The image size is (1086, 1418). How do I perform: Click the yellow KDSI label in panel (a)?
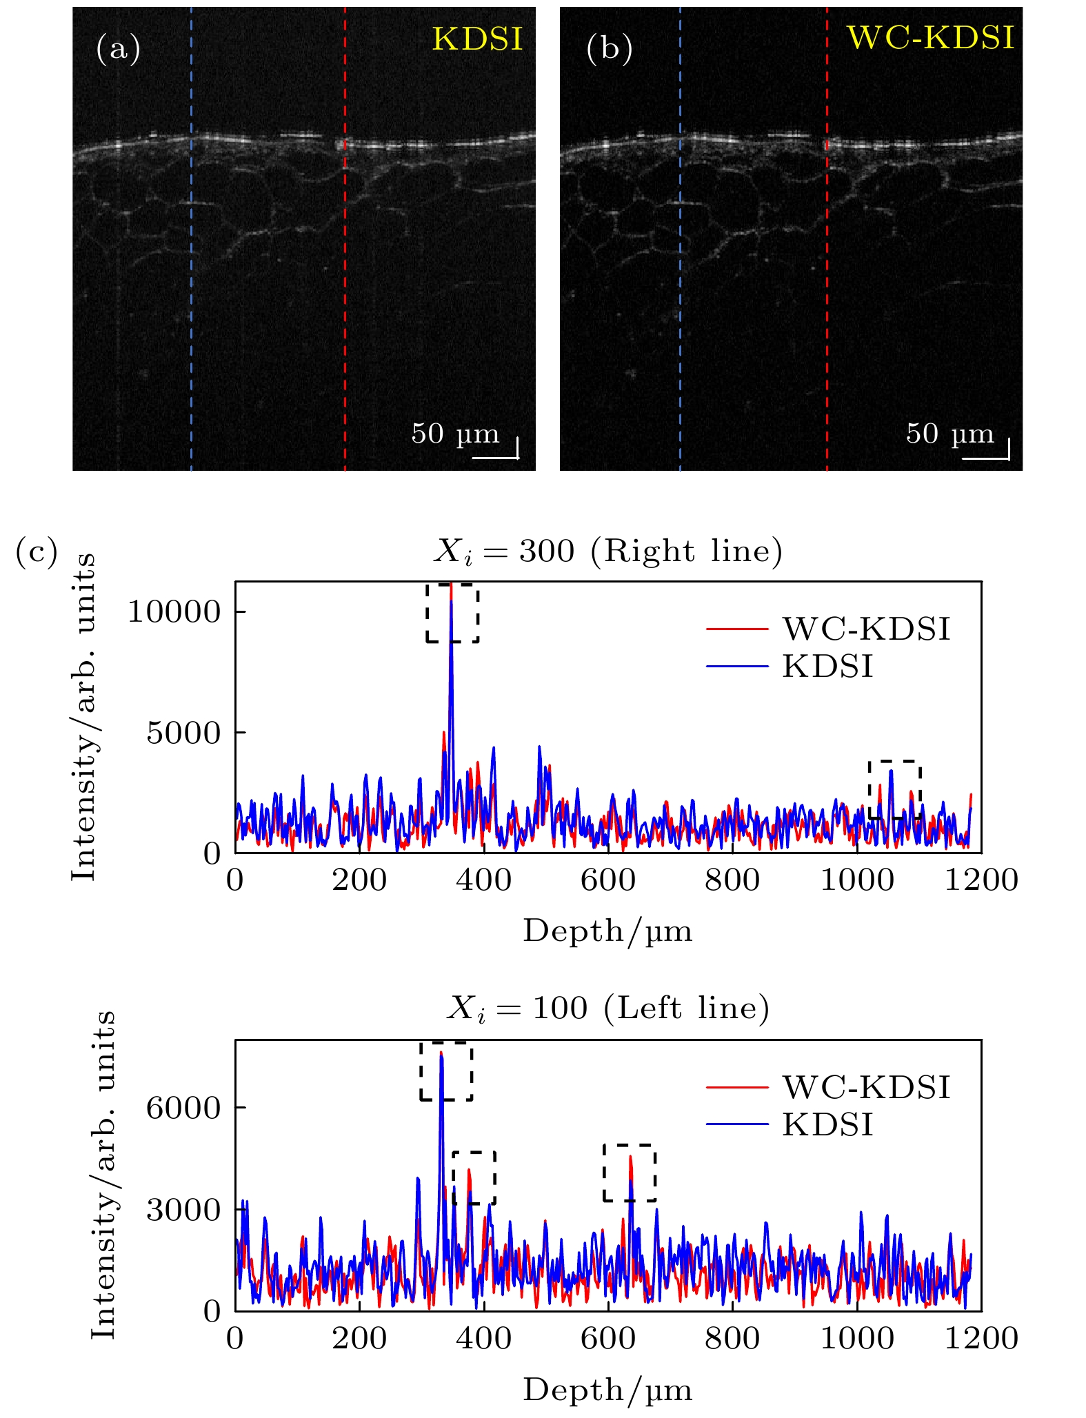pyautogui.click(x=477, y=40)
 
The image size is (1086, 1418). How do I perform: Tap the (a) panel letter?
pyautogui.click(x=118, y=50)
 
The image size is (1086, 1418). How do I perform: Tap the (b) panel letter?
pyautogui.click(x=609, y=50)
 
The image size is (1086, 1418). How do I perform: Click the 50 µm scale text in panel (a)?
pyautogui.click(x=455, y=434)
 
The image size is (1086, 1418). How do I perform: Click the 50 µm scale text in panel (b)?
pyautogui.click(x=949, y=434)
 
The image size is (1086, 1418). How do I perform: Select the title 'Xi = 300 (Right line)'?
pyautogui.click(x=607, y=551)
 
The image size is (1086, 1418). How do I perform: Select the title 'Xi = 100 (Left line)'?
pyautogui.click(x=607, y=1009)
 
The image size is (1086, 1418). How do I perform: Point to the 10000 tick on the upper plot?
pyautogui.click(x=173, y=612)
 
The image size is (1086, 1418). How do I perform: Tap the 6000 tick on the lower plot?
pyautogui.click(x=183, y=1108)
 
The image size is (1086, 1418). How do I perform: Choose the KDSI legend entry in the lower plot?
pyautogui.click(x=827, y=1125)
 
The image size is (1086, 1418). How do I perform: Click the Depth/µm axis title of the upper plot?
pyautogui.click(x=607, y=931)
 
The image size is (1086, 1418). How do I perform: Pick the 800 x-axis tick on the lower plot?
pyautogui.click(x=732, y=1339)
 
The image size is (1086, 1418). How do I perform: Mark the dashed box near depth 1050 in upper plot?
pyautogui.click(x=894, y=789)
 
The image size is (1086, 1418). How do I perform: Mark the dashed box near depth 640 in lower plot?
pyautogui.click(x=629, y=1173)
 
